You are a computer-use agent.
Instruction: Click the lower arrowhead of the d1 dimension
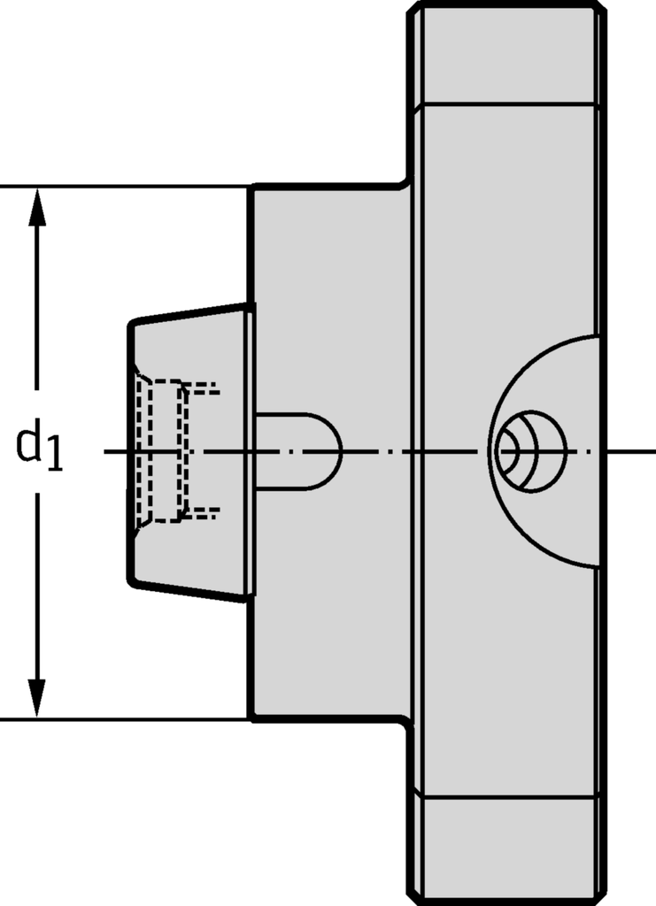click(37, 698)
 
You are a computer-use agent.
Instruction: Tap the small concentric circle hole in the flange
click(532, 451)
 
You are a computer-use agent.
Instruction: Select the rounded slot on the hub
click(299, 452)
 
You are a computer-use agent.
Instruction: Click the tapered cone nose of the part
click(189, 452)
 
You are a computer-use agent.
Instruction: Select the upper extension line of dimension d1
click(124, 187)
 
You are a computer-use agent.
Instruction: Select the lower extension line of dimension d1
click(124, 719)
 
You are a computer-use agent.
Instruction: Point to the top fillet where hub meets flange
click(406, 182)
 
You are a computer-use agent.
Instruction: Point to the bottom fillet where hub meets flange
click(406, 722)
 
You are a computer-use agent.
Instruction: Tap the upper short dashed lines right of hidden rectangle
click(204, 388)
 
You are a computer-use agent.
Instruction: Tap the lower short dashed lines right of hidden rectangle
click(204, 512)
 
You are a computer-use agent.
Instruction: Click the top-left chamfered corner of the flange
click(413, 8)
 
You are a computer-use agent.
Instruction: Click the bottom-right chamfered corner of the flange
click(601, 899)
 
